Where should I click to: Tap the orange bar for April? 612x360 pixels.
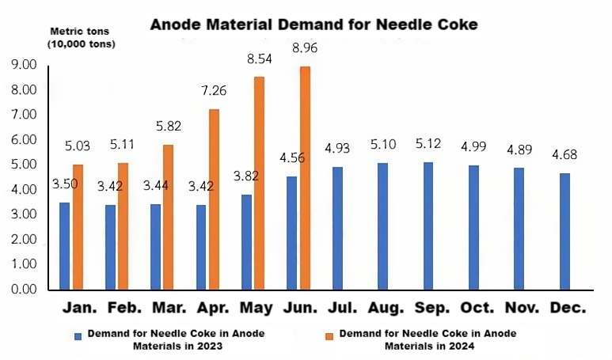tap(214, 199)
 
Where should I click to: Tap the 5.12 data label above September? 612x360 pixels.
tap(428, 145)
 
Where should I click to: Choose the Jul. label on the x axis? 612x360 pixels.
tap(336, 306)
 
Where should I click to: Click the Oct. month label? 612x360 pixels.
tap(473, 306)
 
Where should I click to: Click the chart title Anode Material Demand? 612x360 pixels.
tap(314, 25)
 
